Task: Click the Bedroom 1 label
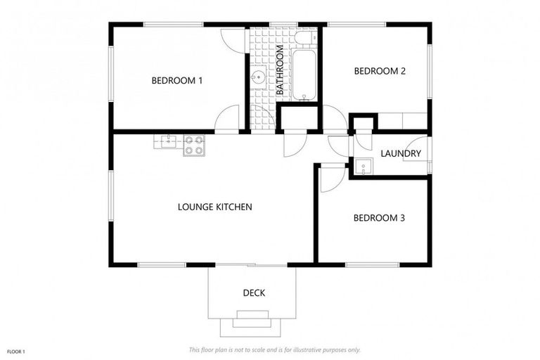(176, 80)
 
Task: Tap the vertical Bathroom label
(280, 70)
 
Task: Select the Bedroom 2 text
(379, 71)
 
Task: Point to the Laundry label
(401, 153)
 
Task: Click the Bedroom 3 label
(378, 218)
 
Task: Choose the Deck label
(254, 292)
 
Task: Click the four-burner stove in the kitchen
(194, 145)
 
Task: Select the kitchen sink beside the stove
(167, 141)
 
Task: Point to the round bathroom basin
(258, 78)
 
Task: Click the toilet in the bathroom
(304, 37)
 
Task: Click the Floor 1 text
(15, 351)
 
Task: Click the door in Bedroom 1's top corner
(231, 39)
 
